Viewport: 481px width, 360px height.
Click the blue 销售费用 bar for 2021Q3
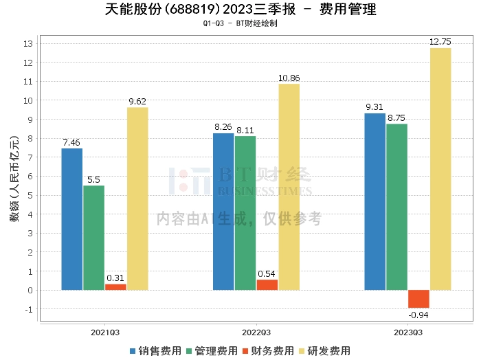pos(72,219)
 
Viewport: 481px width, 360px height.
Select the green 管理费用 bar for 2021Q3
pos(94,238)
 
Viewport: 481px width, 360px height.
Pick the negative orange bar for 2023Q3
pos(418,299)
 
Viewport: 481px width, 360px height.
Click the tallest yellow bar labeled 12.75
pos(440,169)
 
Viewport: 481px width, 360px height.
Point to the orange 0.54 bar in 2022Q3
pos(267,285)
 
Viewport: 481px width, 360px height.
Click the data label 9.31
pos(374,106)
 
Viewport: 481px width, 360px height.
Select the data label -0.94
pos(418,315)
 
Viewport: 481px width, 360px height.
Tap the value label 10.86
pos(289,78)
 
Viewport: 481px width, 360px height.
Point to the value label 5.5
pos(94,179)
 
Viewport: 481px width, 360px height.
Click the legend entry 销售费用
pos(155,350)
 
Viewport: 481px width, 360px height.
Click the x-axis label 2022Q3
pos(256,331)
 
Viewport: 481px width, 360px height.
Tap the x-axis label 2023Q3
pos(407,331)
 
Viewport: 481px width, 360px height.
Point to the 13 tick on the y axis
pos(28,44)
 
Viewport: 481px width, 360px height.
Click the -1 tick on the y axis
pos(28,309)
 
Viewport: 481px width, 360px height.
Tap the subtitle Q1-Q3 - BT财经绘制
pos(240,23)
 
